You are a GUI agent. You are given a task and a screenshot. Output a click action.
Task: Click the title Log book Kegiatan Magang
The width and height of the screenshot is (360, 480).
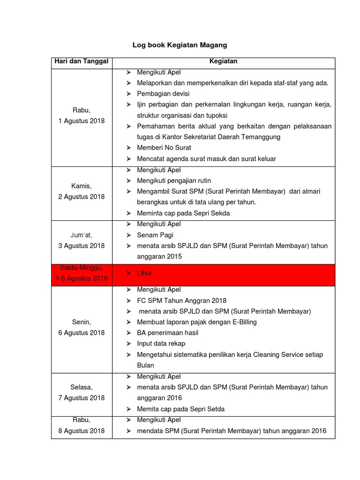point(180,45)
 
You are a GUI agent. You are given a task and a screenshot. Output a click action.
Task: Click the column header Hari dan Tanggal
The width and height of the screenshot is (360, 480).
point(82,61)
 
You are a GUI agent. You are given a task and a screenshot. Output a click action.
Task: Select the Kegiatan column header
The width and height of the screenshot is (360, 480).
point(223,61)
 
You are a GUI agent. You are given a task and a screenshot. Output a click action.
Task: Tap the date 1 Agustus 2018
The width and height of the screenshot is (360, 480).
point(82,121)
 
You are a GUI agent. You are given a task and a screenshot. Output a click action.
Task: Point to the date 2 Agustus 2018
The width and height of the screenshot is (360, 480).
point(82,197)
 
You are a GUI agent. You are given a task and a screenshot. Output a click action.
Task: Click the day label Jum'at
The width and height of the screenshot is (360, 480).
point(82,235)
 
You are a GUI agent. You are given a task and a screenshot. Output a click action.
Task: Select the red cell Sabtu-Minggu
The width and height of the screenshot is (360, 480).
point(82,268)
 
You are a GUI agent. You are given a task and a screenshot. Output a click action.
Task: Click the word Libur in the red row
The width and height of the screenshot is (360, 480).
point(144,273)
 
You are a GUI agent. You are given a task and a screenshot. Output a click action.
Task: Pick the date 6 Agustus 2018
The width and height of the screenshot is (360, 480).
point(82,333)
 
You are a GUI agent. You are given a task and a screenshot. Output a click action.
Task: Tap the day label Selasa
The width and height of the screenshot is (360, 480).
point(82,387)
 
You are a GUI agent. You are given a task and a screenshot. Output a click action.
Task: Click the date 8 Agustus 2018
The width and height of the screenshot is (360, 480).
point(82,431)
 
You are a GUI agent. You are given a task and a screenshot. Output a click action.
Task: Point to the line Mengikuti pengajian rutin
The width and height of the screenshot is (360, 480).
point(174,180)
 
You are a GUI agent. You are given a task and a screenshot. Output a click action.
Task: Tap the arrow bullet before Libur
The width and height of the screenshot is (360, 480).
point(129,273)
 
